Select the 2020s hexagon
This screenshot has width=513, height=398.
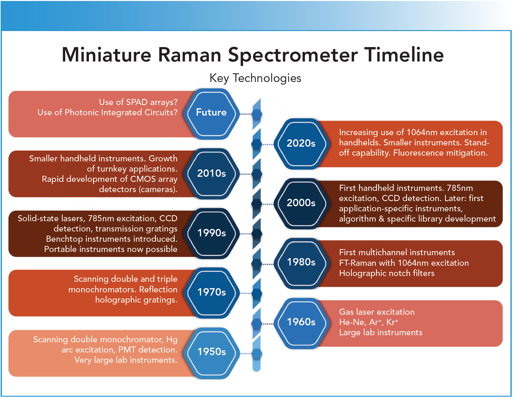[301, 143]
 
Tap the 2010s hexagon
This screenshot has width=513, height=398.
[211, 174]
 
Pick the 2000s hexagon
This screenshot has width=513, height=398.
[301, 203]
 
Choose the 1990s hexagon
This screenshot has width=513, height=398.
[211, 233]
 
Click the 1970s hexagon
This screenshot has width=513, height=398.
[211, 292]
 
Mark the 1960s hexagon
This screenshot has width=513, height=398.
[301, 322]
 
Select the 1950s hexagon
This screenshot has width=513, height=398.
[211, 352]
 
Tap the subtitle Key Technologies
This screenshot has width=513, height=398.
[255, 78]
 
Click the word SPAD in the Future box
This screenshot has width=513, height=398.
[137, 102]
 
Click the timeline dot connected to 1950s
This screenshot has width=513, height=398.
[256, 353]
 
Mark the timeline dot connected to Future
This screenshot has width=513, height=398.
[256, 114]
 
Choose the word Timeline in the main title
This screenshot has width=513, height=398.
[404, 55]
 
